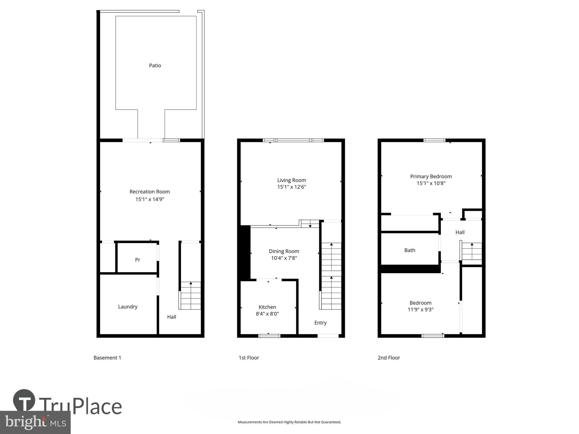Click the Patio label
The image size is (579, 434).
coord(155,66)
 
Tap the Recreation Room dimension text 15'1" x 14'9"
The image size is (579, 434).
coord(150,199)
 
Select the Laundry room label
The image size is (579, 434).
coord(128,307)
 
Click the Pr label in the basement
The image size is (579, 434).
coord(138,260)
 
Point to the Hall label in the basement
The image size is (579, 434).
coord(172,317)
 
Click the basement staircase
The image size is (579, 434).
coord(191,296)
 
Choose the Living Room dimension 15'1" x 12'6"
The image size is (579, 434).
coord(291,187)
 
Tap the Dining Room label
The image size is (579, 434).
coord(284,251)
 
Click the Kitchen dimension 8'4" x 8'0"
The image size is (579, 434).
coord(267,314)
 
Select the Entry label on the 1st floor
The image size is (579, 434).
coord(320,323)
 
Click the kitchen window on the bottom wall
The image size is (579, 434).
coord(269,336)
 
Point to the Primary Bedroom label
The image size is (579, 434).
coord(431,177)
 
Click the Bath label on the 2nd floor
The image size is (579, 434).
coord(410,250)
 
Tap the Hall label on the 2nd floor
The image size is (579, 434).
coord(460,232)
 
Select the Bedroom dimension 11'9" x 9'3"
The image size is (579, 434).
coord(420,309)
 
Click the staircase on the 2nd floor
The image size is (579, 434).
coord(472,251)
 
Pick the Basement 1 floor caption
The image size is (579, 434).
coord(107,358)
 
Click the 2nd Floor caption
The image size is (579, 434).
coord(389,358)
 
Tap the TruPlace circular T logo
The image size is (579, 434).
coord(24,401)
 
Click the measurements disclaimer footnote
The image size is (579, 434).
coord(289,422)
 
